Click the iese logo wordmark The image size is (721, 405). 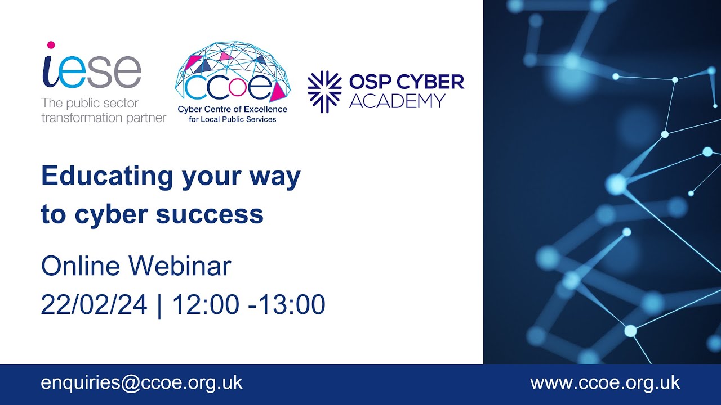pyautogui.click(x=91, y=73)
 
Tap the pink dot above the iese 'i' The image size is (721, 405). pyautogui.click(x=51, y=45)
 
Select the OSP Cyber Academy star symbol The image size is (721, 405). pyautogui.click(x=324, y=92)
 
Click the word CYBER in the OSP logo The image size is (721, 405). pyautogui.click(x=429, y=83)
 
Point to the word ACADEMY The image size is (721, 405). pyautogui.click(x=397, y=101)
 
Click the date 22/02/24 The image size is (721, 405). pyautogui.click(x=94, y=305)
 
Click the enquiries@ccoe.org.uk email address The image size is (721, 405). pyautogui.click(x=141, y=383)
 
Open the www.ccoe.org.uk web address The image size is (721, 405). pyautogui.click(x=605, y=383)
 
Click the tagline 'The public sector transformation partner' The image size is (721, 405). pyautogui.click(x=103, y=111)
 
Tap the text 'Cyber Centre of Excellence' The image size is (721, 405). pyautogui.click(x=232, y=109)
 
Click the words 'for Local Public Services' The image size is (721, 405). pyautogui.click(x=232, y=119)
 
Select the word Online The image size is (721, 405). pyautogui.click(x=81, y=266)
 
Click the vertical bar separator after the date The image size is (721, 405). pyautogui.click(x=159, y=305)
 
